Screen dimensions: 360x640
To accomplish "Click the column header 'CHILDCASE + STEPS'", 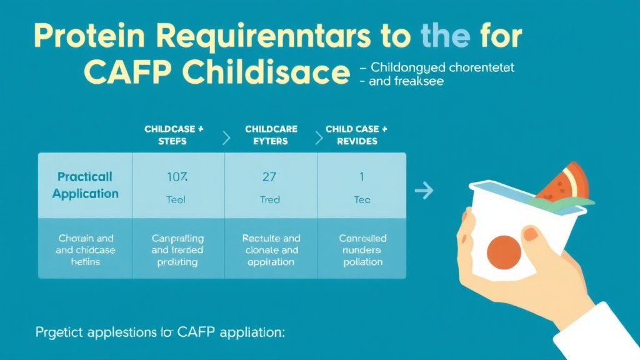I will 174,135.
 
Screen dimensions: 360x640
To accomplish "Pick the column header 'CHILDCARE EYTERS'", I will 271,135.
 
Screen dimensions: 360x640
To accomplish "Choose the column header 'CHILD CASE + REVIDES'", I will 356,135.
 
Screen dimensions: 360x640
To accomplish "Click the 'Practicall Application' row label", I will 85,186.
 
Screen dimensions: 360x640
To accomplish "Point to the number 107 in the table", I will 177,177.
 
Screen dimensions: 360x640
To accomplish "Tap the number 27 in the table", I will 269,177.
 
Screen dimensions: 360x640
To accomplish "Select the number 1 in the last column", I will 362,177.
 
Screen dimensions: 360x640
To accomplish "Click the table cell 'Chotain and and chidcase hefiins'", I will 86,250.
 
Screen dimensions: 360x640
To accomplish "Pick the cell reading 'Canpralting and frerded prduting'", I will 177,250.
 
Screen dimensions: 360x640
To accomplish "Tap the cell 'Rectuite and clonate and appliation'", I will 271,250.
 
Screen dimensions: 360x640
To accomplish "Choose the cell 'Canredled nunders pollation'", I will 362,250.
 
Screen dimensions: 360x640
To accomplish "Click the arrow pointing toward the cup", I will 424,190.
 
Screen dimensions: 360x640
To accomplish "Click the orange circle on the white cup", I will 504,252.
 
